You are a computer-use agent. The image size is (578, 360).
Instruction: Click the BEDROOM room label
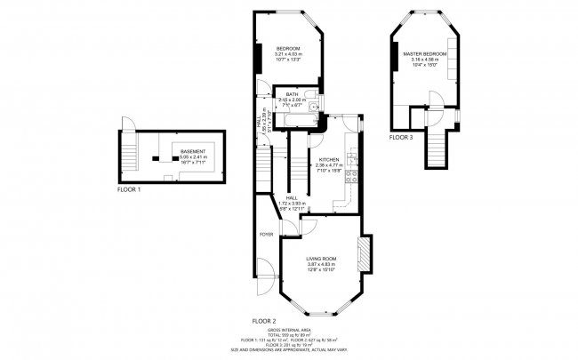tap(287, 47)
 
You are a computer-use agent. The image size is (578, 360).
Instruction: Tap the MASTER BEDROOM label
tap(423, 53)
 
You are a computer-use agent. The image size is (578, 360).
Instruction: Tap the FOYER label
tap(266, 234)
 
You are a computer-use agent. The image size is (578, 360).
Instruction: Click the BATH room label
tap(291, 93)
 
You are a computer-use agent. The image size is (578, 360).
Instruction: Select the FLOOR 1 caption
tap(132, 189)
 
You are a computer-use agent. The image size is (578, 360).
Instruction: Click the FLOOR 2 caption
tap(263, 320)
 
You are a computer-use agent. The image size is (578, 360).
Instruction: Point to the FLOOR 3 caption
tap(401, 139)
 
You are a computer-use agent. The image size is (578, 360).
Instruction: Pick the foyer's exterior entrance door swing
tap(262, 271)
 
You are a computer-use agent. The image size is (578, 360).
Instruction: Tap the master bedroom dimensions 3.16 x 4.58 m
tap(423, 60)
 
